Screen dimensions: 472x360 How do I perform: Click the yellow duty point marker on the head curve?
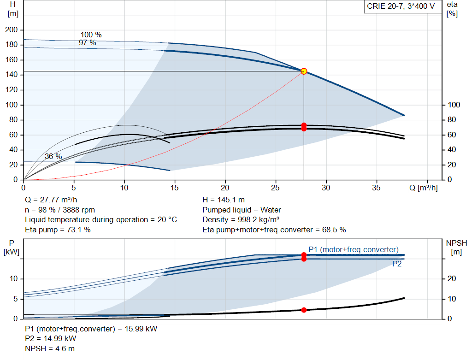click(x=304, y=71)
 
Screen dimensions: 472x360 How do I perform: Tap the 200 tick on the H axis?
click(x=12, y=30)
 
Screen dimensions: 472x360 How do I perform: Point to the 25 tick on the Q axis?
click(x=275, y=188)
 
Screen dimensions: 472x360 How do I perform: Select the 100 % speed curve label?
click(x=91, y=35)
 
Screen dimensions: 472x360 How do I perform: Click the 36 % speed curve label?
click(x=53, y=157)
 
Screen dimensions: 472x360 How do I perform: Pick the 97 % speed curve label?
click(x=87, y=43)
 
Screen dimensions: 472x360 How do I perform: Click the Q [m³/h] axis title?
click(x=423, y=188)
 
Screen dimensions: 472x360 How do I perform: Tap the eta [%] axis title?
click(x=452, y=9)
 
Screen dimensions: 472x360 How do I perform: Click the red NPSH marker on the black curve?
click(x=304, y=310)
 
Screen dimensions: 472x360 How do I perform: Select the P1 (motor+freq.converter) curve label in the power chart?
click(x=354, y=249)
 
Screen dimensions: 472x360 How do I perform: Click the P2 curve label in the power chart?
click(x=397, y=264)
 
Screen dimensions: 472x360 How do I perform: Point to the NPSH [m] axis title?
click(x=456, y=248)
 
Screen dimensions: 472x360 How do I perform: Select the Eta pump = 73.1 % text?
click(x=58, y=230)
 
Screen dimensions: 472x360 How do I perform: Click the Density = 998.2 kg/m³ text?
click(x=241, y=220)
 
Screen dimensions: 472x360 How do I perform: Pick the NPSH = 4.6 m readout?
click(x=50, y=348)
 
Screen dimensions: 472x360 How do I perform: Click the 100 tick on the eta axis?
click(x=454, y=105)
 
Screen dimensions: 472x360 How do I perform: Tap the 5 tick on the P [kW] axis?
click(x=16, y=299)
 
